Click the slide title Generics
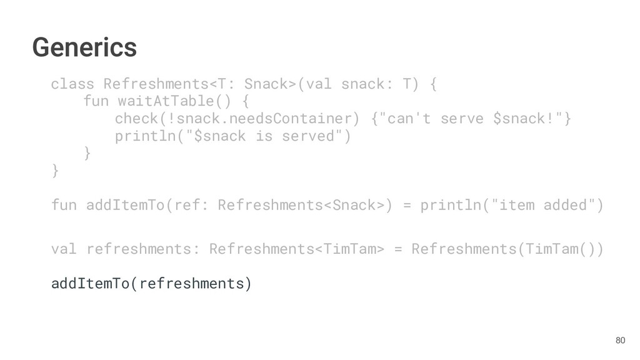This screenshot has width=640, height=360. (x=84, y=47)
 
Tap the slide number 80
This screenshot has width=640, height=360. (x=620, y=340)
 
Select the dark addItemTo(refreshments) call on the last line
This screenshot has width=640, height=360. (x=151, y=284)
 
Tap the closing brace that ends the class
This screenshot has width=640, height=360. (x=55, y=171)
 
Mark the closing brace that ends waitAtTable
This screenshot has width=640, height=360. (x=87, y=153)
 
